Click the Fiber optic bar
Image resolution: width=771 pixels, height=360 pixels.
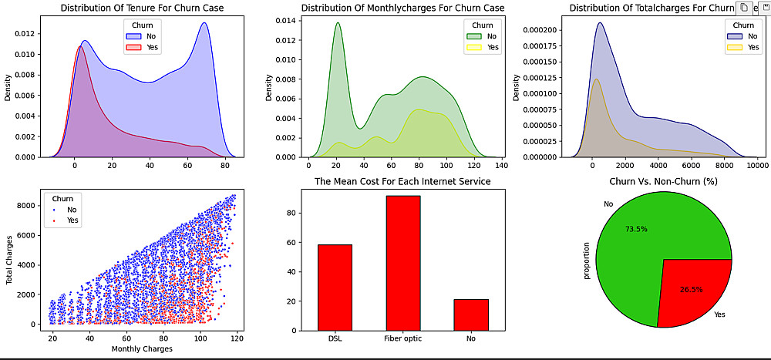pos(403,263)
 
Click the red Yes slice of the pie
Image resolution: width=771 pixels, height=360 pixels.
pos(692,291)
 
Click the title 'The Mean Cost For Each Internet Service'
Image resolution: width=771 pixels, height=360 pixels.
pos(403,181)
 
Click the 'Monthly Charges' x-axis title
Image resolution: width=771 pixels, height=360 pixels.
pos(141,349)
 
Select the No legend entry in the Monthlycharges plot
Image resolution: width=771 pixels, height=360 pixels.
pos(485,35)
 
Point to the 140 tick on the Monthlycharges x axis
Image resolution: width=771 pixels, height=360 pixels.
pos(500,165)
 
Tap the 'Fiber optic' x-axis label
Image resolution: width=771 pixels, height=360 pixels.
pos(403,338)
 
